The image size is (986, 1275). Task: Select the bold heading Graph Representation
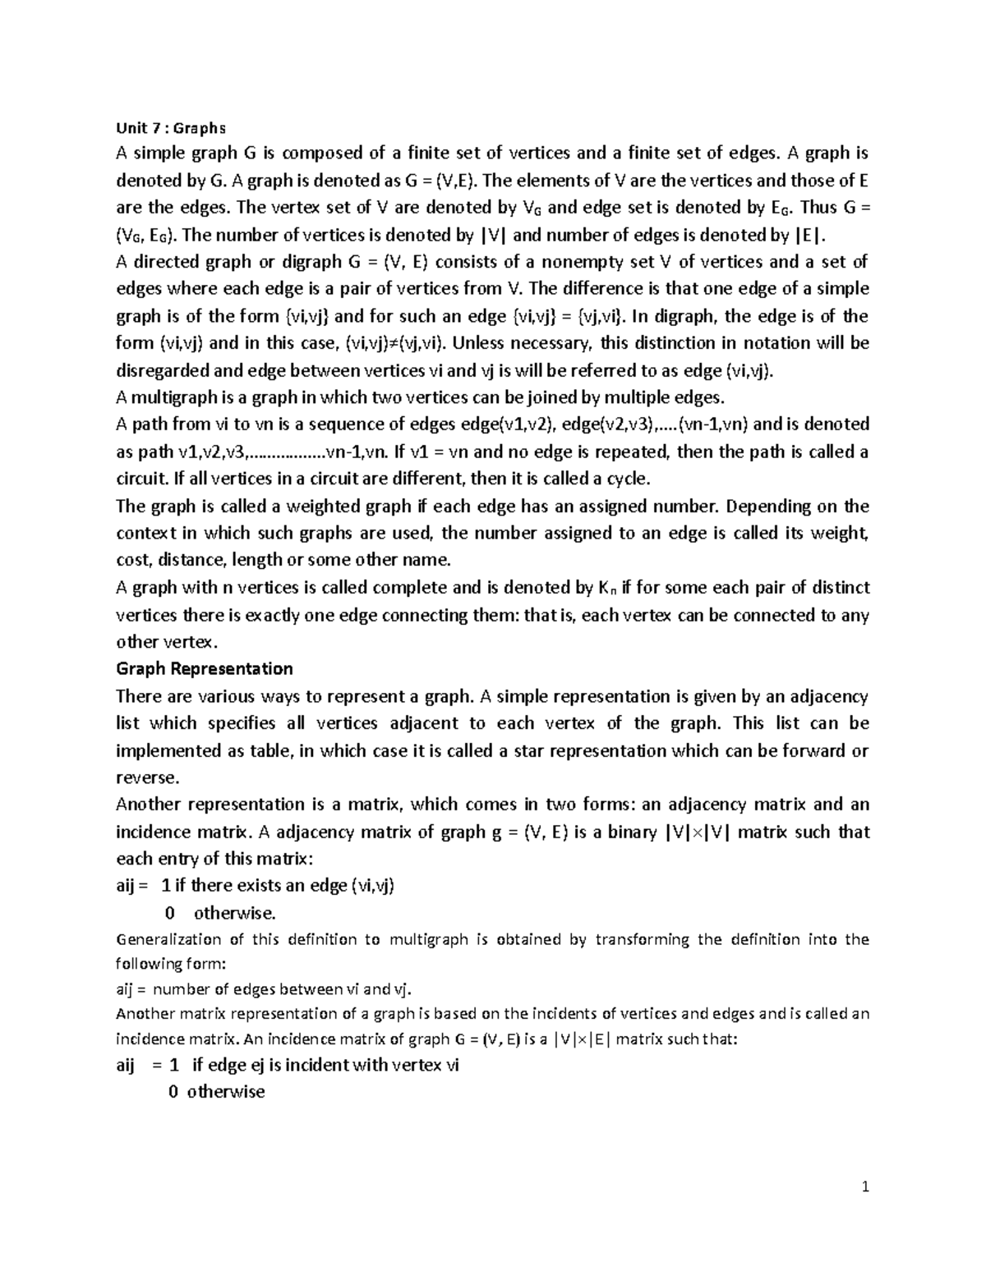pos(205,668)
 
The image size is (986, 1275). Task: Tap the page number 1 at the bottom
pos(865,1187)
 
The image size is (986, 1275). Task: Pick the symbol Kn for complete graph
pos(606,588)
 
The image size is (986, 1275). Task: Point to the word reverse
pos(146,777)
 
